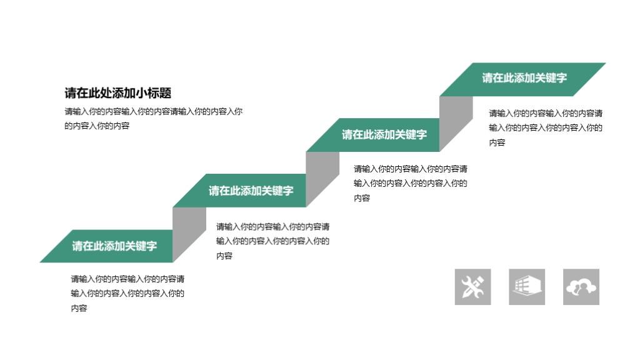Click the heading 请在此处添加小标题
[117, 93]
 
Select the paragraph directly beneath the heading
[153, 119]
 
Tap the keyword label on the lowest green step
[114, 246]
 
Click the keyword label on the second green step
[251, 191]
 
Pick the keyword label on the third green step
[384, 134]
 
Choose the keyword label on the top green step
[524, 78]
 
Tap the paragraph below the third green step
[410, 183]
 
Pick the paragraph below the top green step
[545, 127]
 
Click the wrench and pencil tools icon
[472, 287]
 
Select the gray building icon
[527, 287]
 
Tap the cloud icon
[581, 287]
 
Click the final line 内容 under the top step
[497, 142]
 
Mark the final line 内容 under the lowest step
[79, 308]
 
